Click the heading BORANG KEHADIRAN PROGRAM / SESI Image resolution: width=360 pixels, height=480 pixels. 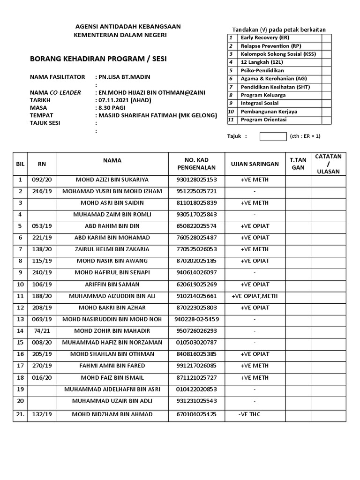click(98, 59)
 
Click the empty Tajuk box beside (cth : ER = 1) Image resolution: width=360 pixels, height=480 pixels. click(272, 136)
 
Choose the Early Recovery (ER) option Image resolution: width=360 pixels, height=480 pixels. click(264, 37)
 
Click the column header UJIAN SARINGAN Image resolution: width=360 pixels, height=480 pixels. click(255, 164)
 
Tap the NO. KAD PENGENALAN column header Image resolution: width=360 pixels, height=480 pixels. click(196, 164)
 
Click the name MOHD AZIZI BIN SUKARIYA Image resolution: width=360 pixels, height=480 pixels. click(112, 180)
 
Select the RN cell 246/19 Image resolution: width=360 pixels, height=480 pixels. click(42, 191)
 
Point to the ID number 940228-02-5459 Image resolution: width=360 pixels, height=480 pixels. click(196, 320)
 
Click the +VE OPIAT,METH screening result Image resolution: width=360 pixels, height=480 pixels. click(255, 296)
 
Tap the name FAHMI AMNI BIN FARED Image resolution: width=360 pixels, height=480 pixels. click(112, 366)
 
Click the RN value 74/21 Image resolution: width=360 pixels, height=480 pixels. click(42, 331)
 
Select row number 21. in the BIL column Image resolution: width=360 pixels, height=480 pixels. click(20, 414)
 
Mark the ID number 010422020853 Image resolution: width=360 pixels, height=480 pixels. click(196, 390)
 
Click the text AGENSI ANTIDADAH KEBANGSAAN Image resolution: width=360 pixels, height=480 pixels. click(129, 27)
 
